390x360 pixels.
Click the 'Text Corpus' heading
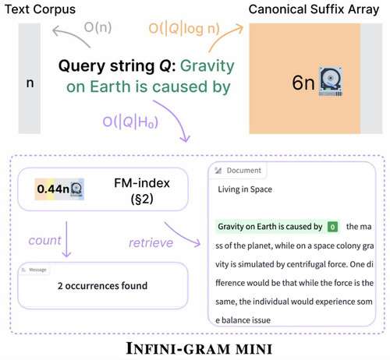click(x=40, y=9)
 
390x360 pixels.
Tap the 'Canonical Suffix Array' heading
click(x=314, y=9)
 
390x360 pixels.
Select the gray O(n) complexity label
click(x=97, y=27)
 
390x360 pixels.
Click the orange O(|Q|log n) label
click(x=184, y=28)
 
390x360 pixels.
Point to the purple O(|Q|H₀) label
click(x=130, y=122)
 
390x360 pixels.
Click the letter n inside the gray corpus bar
click(x=30, y=83)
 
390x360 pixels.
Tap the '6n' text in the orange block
click(x=303, y=83)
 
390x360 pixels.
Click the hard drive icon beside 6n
click(x=331, y=81)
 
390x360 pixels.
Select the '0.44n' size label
click(x=53, y=189)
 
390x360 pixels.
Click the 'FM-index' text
click(x=142, y=183)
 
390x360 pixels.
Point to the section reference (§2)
click(x=142, y=199)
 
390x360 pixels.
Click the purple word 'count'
click(x=44, y=241)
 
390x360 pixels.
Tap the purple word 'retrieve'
click(x=151, y=243)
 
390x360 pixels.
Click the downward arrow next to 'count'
click(x=66, y=239)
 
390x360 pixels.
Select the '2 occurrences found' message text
click(x=102, y=286)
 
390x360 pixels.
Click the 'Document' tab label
click(x=243, y=171)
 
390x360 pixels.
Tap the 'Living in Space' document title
click(x=245, y=189)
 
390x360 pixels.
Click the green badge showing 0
click(x=332, y=227)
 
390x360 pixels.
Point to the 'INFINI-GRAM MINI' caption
click(x=199, y=348)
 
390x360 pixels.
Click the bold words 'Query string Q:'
click(x=117, y=65)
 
